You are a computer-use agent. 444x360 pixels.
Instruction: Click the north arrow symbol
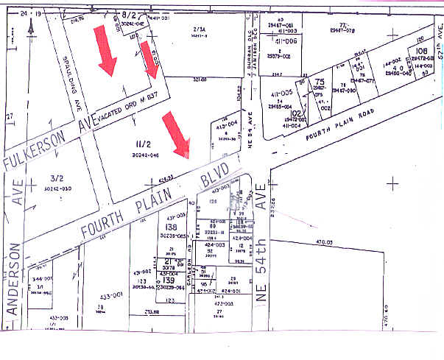(31, 26)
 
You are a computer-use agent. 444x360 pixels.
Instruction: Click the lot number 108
(421, 52)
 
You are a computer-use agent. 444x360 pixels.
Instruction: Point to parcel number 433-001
(110, 295)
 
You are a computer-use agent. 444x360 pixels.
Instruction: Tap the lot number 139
(169, 280)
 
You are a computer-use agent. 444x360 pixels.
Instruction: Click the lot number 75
(320, 84)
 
